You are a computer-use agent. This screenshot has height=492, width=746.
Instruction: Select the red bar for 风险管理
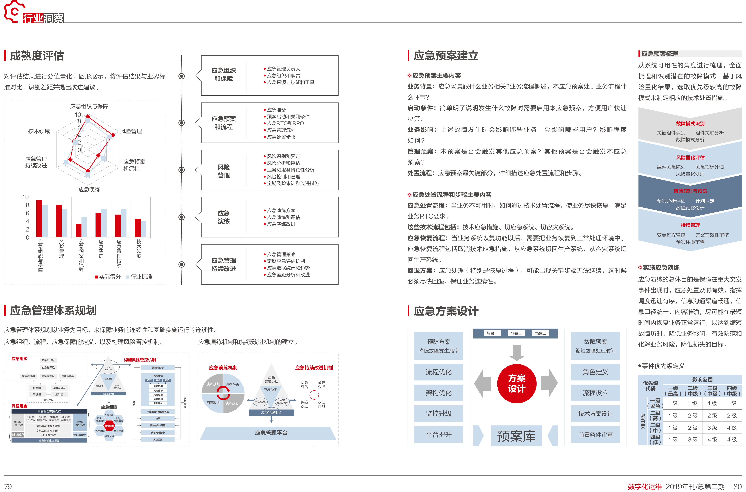click(59, 221)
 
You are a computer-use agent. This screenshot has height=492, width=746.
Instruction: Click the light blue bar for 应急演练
click(104, 223)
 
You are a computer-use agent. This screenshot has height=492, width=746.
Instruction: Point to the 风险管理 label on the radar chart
click(131, 131)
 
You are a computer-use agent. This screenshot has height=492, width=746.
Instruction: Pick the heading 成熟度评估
click(37, 56)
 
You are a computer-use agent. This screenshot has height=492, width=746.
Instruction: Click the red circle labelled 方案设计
click(516, 383)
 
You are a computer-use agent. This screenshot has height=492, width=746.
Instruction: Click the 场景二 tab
click(516, 333)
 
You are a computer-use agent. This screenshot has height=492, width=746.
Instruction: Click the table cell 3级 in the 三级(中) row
click(712, 428)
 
